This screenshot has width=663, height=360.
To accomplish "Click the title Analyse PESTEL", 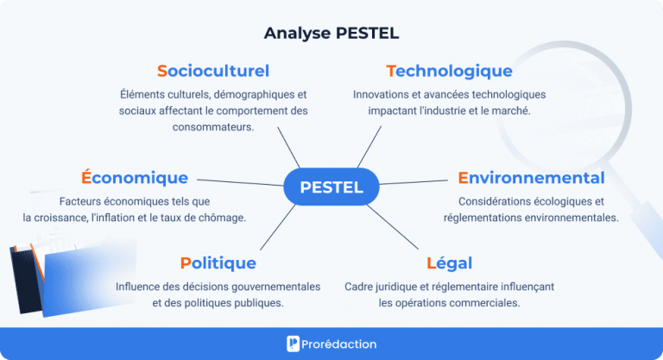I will (x=331, y=34).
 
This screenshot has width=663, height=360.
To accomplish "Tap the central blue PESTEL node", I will (x=331, y=187).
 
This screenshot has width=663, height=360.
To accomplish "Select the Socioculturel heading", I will (x=213, y=71).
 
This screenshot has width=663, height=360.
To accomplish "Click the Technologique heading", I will (x=449, y=71).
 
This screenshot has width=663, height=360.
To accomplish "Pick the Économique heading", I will (x=135, y=178).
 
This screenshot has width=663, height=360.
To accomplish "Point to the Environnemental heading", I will (x=531, y=178).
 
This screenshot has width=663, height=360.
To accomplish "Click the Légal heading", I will (x=449, y=263).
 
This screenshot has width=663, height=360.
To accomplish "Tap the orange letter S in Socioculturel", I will (x=162, y=71).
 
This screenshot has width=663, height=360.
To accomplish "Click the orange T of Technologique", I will (x=391, y=71).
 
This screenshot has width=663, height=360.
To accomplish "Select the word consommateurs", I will (x=212, y=127).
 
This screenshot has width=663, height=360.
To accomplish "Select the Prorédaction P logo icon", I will (x=294, y=344).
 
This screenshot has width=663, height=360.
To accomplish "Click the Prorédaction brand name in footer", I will (x=340, y=344).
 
